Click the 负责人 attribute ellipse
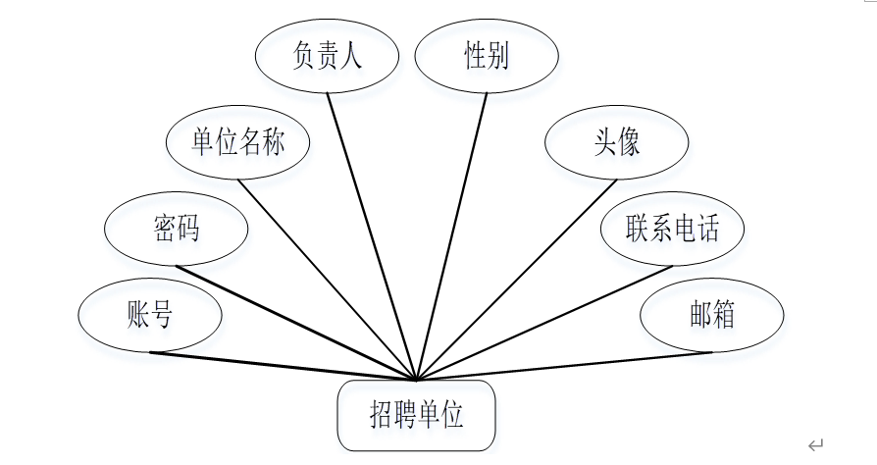pyautogui.click(x=327, y=57)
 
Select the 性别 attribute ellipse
pyautogui.click(x=487, y=57)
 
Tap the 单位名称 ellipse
pyautogui.click(x=238, y=143)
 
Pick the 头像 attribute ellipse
pyautogui.click(x=616, y=143)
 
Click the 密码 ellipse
pyautogui.click(x=177, y=230)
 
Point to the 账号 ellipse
pyautogui.click(x=150, y=316)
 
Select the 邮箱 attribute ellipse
pyautogui.click(x=712, y=316)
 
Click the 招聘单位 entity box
pyautogui.click(x=417, y=415)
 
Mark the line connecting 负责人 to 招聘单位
pyautogui.click(x=373, y=235)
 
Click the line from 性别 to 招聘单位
pyautogui.click(x=452, y=235)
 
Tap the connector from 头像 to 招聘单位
pyautogui.click(x=517, y=280)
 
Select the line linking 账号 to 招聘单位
pyautogui.click(x=284, y=366)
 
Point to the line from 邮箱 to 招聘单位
pyautogui.click(x=564, y=366)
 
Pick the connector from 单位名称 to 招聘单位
pyautogui.click(x=329, y=280)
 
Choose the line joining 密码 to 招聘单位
pyautogui.click(x=297, y=322)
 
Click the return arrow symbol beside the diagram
pyautogui.click(x=815, y=444)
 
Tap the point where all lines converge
pyautogui.click(x=417, y=380)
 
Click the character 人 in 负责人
pyautogui.click(x=351, y=56)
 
